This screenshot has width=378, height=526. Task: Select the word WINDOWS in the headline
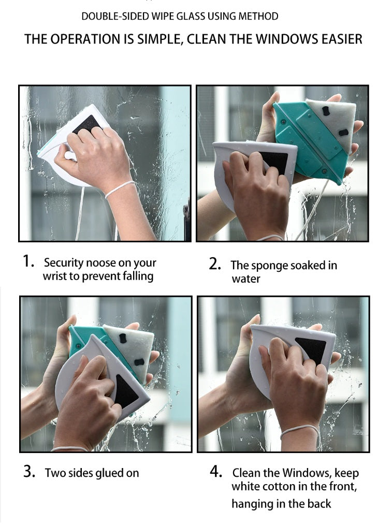pos(287,39)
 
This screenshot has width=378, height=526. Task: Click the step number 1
pos(28,261)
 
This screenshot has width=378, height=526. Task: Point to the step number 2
pos(215,264)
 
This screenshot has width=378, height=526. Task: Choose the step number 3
pos(30,471)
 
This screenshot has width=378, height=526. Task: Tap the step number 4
pos(216,471)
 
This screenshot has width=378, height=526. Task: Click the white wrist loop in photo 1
pos(120,189)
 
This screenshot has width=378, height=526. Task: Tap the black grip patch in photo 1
pos(86,124)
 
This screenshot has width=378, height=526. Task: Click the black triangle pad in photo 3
pos(125,392)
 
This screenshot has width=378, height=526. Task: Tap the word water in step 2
pos(246,279)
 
